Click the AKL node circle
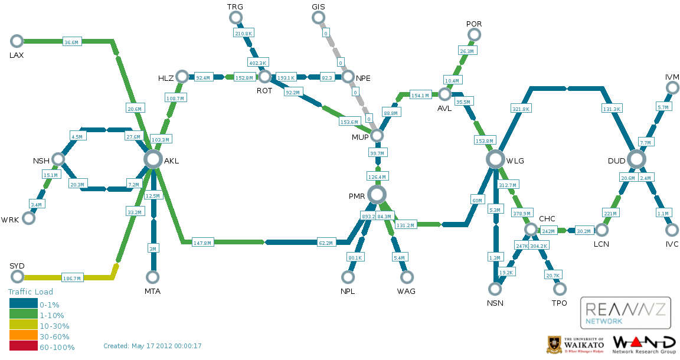click(153, 159)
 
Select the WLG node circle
click(495, 159)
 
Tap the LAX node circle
click(17, 41)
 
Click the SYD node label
click(17, 266)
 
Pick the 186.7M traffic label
click(71, 278)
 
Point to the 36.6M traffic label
click(71, 42)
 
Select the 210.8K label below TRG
click(243, 34)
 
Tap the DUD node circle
click(636, 159)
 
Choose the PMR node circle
click(377, 194)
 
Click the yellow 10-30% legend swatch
click(24, 325)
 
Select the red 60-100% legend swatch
click(24, 346)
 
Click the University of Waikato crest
click(554, 344)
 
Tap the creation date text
click(152, 346)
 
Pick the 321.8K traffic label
click(521, 109)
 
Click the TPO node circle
click(560, 289)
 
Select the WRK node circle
click(28, 218)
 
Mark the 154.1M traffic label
click(420, 96)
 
